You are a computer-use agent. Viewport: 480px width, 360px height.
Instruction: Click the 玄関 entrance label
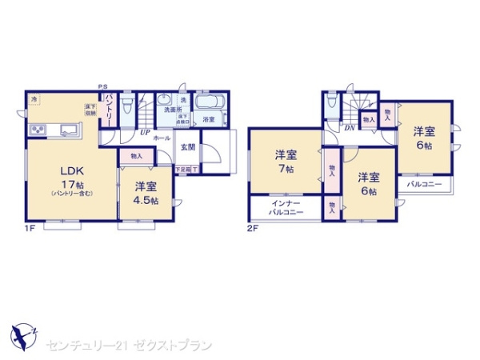[187, 146]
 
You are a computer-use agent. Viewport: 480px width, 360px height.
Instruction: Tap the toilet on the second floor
[333, 106]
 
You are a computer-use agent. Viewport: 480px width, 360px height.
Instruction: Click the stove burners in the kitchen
[38, 130]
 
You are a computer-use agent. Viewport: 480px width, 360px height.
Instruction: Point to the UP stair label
[146, 132]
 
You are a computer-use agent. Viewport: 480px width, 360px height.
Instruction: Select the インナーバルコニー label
[286, 210]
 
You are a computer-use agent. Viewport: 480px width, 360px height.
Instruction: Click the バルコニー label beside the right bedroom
[423, 184]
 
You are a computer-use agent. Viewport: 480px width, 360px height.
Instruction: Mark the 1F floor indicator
[30, 228]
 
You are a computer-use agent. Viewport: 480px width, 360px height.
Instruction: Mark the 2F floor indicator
[252, 228]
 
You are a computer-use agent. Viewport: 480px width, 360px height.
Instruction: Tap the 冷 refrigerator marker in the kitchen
[34, 98]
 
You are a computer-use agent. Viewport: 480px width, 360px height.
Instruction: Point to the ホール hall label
[162, 138]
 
